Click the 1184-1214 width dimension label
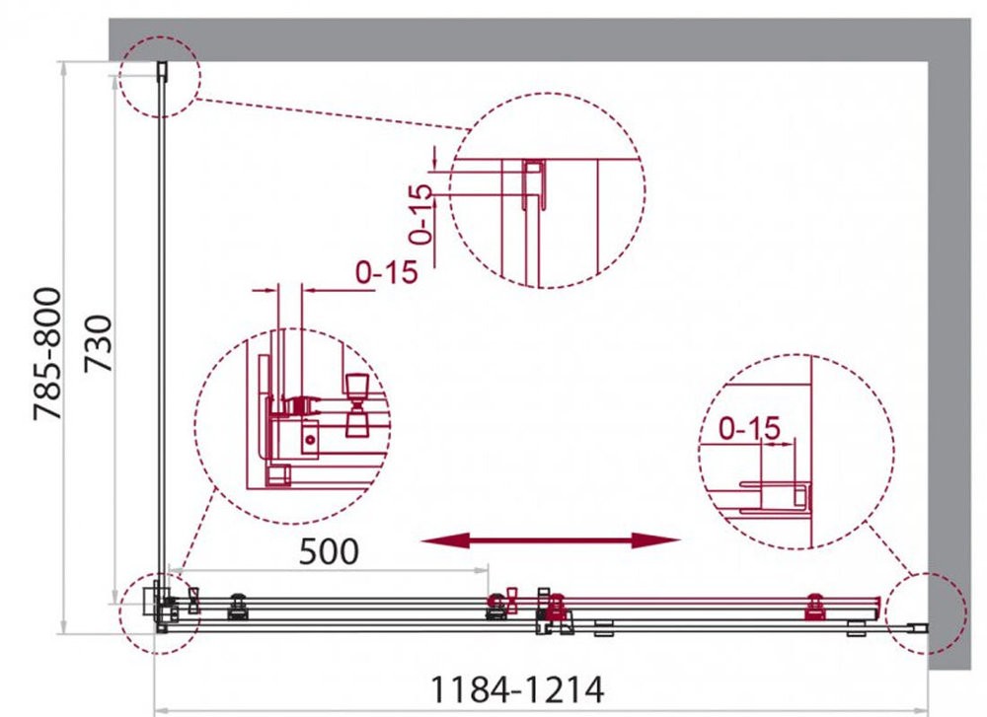517,690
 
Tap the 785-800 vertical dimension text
47,353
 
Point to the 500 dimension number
329,551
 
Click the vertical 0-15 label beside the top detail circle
420,214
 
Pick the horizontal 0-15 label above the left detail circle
387,271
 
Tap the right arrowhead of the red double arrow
656,540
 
